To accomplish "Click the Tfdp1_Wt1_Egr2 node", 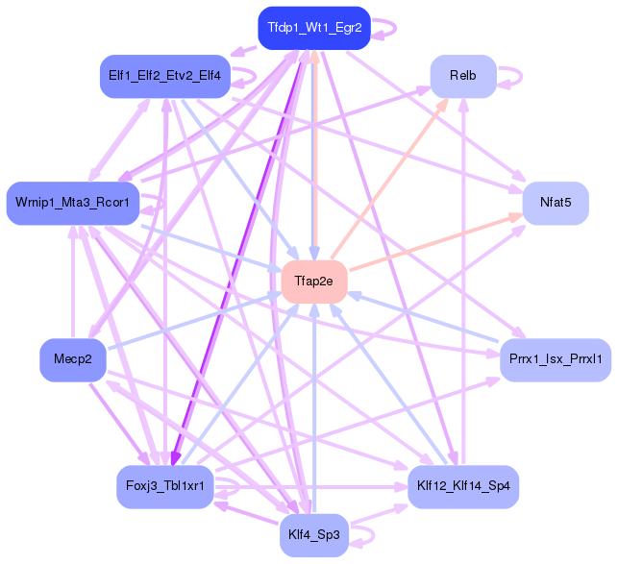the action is pyautogui.click(x=314, y=27).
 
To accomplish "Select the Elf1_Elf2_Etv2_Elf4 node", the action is pyautogui.click(x=164, y=75).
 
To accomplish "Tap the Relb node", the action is pyautogui.click(x=462, y=76).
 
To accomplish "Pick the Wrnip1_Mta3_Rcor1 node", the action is pyautogui.click(x=73, y=203).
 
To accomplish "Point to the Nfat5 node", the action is pyautogui.click(x=556, y=203).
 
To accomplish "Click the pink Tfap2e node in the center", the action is pyautogui.click(x=314, y=282).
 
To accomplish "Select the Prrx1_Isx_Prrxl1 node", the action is pyautogui.click(x=556, y=359).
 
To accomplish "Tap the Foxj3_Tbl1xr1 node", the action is pyautogui.click(x=164, y=486).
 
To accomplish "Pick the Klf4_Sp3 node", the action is pyautogui.click(x=314, y=534).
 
